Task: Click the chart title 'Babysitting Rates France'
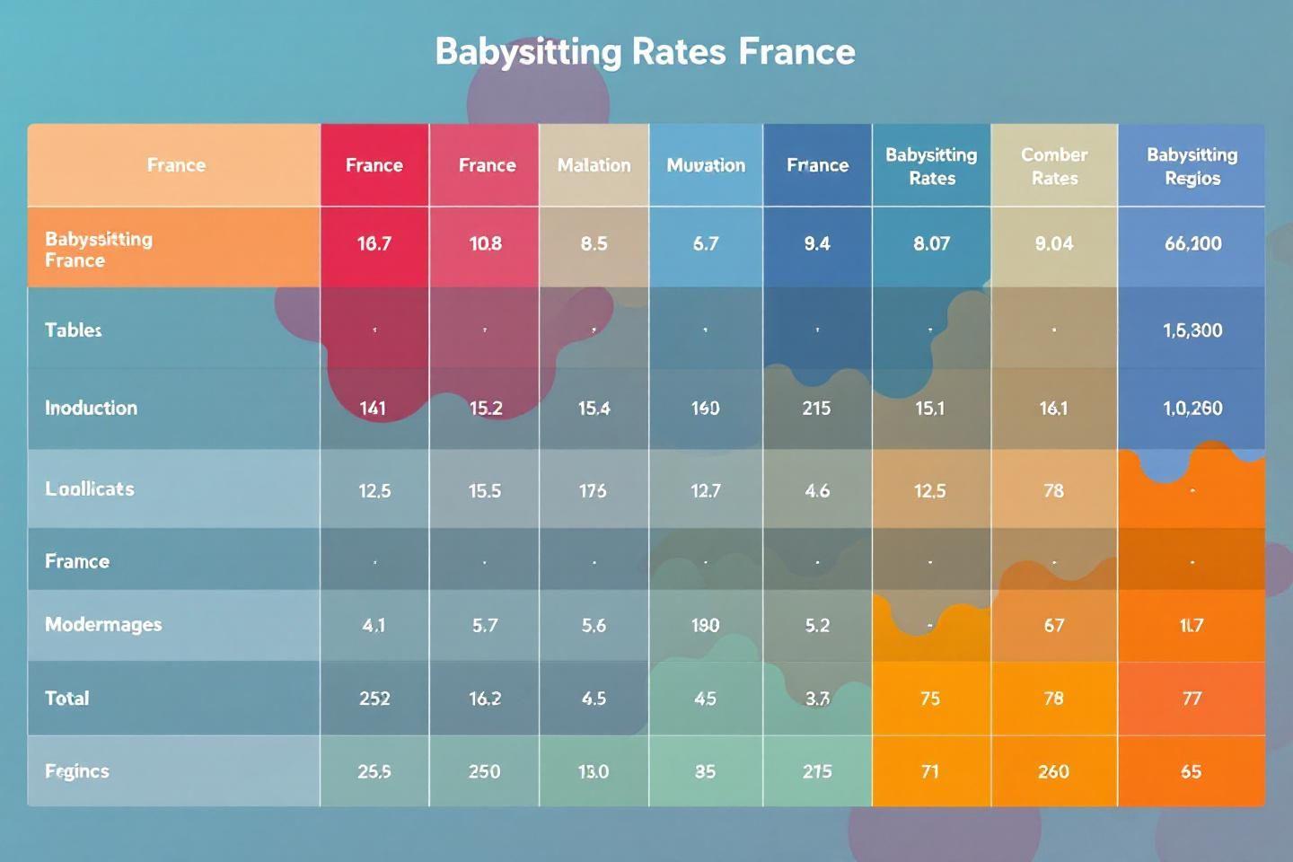(x=645, y=51)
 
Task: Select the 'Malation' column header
(x=594, y=165)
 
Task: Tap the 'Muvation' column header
(x=706, y=165)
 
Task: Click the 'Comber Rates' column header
(x=1054, y=166)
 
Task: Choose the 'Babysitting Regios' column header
(x=1192, y=166)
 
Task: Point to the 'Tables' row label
(x=74, y=330)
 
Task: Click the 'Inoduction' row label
(x=91, y=408)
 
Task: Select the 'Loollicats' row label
(x=90, y=488)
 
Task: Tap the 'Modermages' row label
(x=103, y=624)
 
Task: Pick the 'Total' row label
(x=67, y=698)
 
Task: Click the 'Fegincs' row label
(x=77, y=770)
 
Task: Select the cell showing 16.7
(x=374, y=243)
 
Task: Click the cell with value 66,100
(x=1192, y=243)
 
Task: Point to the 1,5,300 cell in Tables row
(x=1192, y=330)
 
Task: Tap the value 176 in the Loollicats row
(x=593, y=490)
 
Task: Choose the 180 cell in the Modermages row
(x=706, y=625)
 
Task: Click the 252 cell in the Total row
(x=374, y=698)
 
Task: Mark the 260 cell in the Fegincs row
(x=1054, y=771)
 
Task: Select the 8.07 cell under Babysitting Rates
(x=931, y=243)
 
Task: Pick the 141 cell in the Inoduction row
(x=374, y=408)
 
